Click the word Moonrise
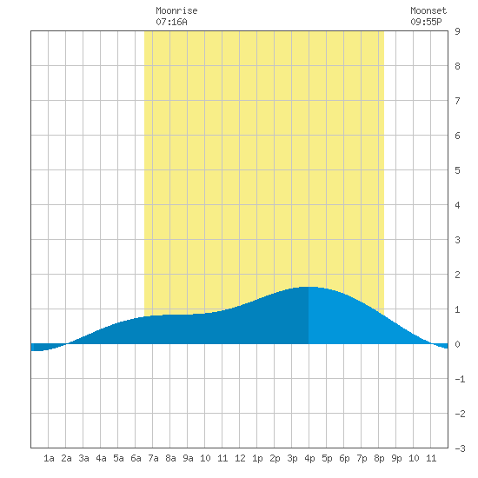[176, 10]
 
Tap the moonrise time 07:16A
[171, 22]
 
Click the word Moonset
[428, 10]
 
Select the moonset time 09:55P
[426, 22]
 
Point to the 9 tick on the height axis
[457, 31]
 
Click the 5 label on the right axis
[457, 170]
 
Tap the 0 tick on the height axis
[457, 344]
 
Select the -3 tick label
[460, 448]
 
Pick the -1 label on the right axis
[460, 379]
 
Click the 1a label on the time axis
[49, 458]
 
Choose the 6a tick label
[136, 458]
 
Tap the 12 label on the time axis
[240, 458]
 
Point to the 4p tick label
[309, 458]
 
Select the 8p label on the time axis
[379, 458]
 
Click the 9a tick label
[188, 458]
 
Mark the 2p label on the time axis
[275, 458]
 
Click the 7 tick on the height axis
[457, 101]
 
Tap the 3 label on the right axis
[457, 240]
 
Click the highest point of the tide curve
[309, 287]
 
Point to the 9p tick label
[396, 458]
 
